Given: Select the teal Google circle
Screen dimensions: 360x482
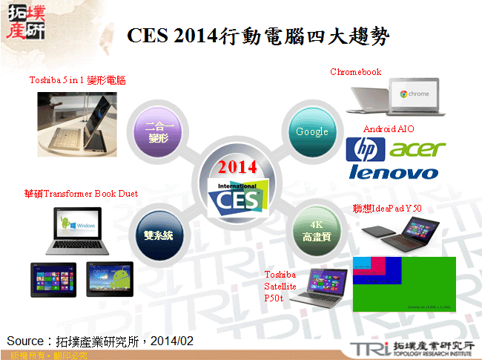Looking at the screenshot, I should point(311,131).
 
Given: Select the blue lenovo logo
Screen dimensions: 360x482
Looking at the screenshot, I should point(393,173).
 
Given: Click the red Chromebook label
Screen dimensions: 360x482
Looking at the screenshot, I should point(356,72).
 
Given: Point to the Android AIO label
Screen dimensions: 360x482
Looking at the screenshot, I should point(389,129).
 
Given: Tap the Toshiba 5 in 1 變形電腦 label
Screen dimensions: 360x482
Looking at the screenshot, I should point(77,79).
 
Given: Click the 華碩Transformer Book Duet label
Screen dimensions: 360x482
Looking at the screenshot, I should point(81,194).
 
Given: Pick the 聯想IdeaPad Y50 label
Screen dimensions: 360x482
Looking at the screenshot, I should point(387,209).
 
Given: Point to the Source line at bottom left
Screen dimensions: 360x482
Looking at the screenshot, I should point(100,341).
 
